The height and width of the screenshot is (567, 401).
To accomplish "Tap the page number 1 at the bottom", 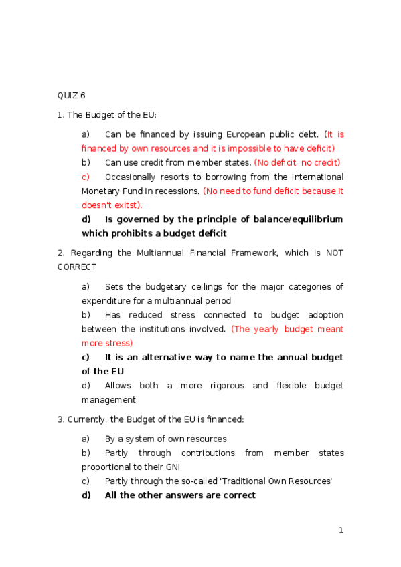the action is [341, 530].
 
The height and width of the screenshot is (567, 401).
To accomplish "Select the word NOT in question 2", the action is [334, 253].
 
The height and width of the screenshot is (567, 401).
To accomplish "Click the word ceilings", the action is [214, 287].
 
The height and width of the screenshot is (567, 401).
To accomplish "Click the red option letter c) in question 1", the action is [86, 177].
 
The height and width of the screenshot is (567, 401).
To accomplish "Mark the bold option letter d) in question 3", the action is [86, 495].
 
